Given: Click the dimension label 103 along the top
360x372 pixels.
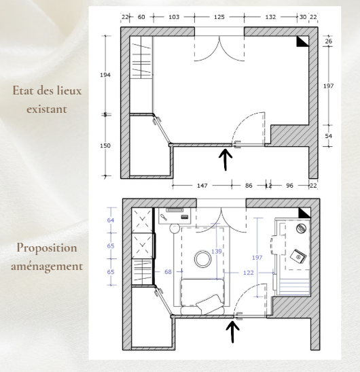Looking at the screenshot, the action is coord(174,17).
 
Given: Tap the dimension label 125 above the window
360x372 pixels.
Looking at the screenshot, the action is coord(219,17).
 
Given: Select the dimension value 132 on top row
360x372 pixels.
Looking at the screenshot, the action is coord(270,17).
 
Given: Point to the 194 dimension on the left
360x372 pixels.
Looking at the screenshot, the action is coord(105,75).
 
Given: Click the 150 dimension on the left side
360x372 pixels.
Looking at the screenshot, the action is coord(105,146).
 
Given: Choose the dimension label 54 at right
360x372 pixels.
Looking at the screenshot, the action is coord(329,136).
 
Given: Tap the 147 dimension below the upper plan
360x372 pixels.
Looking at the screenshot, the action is coord(202,186).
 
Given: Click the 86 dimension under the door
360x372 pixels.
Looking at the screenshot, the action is coord(249,186).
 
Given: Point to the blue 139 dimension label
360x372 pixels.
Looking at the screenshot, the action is coord(217,251).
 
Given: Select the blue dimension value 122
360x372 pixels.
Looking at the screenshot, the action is coord(249,273).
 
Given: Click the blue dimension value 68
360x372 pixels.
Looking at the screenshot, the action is coord(168,272).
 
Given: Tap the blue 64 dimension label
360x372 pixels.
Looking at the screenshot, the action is coord(111,220).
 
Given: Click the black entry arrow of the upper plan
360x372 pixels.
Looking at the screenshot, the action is coord(226,159).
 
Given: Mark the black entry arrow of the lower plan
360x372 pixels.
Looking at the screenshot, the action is coord(232,332).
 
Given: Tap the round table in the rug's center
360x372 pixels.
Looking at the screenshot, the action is coord(202,259).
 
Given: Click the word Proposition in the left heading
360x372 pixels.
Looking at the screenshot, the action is coord(47,248).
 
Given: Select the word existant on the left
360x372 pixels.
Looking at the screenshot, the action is coord(47,109).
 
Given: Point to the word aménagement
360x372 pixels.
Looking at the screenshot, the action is coord(47,267).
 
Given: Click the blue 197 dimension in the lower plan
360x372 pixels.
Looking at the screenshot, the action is coord(257,258).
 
